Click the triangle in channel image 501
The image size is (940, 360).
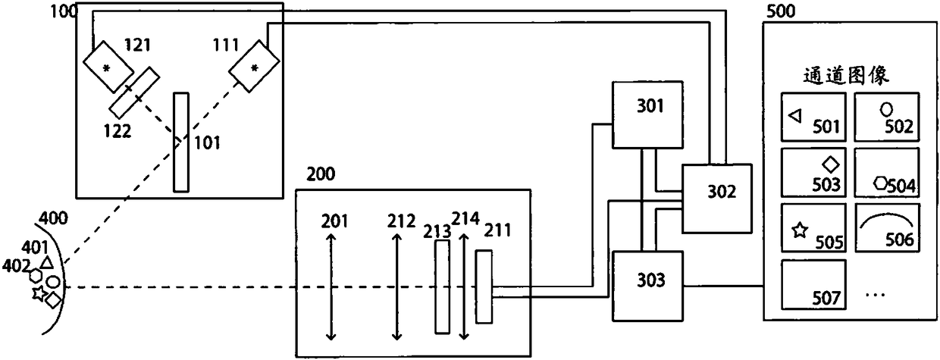[x=795, y=115]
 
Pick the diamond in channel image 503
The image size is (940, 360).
[x=832, y=163]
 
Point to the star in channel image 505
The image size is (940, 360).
[x=799, y=232]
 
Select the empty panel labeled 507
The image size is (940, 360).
[x=813, y=283]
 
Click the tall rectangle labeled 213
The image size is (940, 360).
[x=442, y=287]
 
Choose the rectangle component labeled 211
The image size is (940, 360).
[x=484, y=289]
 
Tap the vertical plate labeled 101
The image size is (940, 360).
[x=180, y=142]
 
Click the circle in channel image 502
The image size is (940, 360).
[x=885, y=109]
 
